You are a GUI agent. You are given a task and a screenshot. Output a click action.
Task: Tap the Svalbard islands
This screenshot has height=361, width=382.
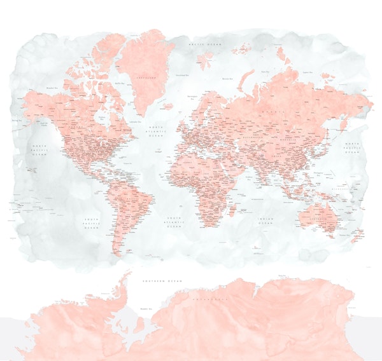(x=205, y=60)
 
